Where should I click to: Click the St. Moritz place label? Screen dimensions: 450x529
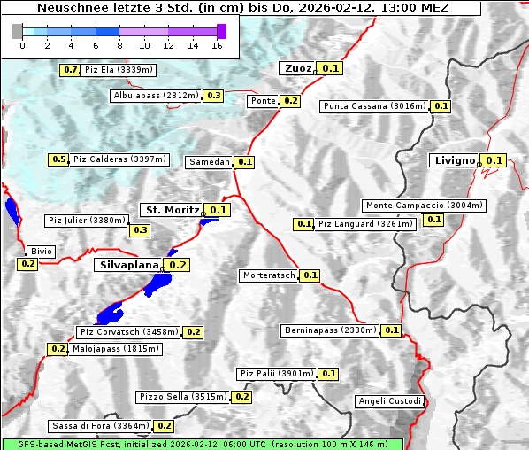[x=171, y=210]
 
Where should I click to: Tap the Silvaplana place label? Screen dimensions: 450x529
[x=128, y=265]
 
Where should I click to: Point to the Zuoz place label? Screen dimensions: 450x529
[x=296, y=68]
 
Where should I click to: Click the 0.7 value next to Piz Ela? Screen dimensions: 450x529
[x=70, y=69]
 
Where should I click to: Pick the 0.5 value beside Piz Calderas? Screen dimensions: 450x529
[x=58, y=159]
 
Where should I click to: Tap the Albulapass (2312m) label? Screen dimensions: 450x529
[x=156, y=96]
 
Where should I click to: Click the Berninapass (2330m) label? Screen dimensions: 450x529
[x=330, y=330]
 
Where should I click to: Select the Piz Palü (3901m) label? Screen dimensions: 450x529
[x=276, y=374]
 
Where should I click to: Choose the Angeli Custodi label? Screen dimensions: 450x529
[x=390, y=401]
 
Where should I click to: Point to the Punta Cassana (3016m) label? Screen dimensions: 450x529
[x=374, y=106]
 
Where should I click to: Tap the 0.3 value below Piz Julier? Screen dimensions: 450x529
[x=141, y=230]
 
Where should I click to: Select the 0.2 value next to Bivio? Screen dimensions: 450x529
[x=27, y=264]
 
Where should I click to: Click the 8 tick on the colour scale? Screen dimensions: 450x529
[x=119, y=45]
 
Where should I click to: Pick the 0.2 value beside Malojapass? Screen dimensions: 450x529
[x=57, y=349]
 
